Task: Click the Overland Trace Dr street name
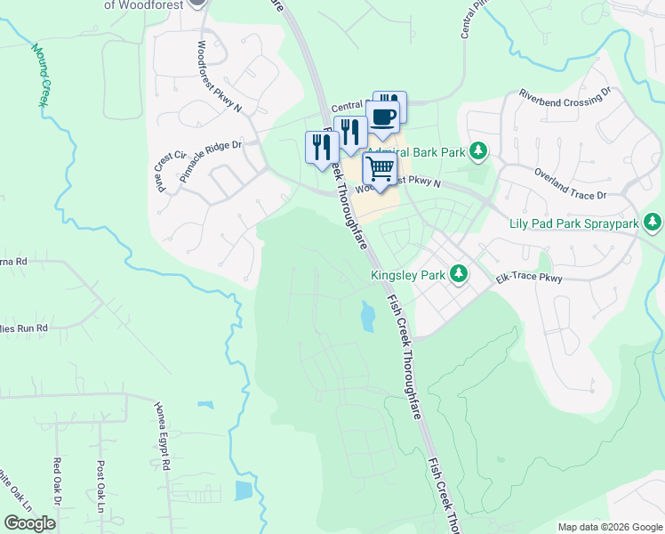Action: [569, 182]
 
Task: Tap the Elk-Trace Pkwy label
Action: [530, 279]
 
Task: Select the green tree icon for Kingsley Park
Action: [459, 273]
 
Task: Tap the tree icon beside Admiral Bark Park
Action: [479, 150]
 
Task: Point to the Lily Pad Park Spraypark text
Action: [573, 223]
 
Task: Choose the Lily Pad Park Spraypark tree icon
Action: [653, 221]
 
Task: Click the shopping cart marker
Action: [381, 167]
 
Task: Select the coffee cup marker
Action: [383, 117]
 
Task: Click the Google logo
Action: [29, 523]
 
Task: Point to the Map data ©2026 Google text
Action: [609, 526]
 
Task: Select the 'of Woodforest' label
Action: [144, 4]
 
